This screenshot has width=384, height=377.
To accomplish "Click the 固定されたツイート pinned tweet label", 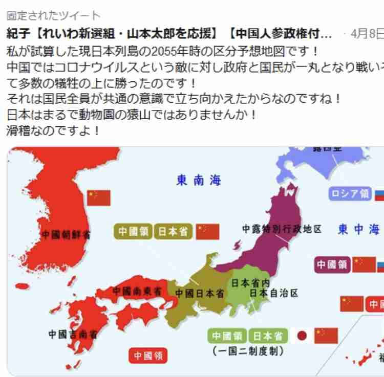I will click(53, 16).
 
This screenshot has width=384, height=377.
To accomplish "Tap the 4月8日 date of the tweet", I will click(368, 34).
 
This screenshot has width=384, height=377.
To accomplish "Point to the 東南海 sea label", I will click(199, 180).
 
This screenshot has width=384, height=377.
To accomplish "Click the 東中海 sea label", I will click(359, 229).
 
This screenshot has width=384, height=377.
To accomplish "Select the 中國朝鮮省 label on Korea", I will click(66, 235).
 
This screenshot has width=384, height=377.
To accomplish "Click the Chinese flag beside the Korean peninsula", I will click(99, 197).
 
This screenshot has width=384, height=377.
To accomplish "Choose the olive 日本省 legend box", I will click(172, 231).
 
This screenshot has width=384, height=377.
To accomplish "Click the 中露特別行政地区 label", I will click(282, 229).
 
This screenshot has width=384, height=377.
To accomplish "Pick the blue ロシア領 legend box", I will click(350, 193).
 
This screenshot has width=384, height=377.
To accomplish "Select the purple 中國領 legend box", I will click(332, 264).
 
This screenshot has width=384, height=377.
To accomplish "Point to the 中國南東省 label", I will click(137, 291).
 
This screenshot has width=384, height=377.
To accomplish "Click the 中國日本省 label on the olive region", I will click(200, 293).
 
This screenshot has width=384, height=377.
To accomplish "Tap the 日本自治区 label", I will click(273, 293).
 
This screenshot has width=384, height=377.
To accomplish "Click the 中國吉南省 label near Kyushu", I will click(73, 335).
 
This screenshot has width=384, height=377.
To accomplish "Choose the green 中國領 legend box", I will click(227, 336).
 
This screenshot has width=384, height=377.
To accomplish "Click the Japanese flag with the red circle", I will click(302, 336).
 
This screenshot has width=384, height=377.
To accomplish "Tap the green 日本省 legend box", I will click(267, 336).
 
